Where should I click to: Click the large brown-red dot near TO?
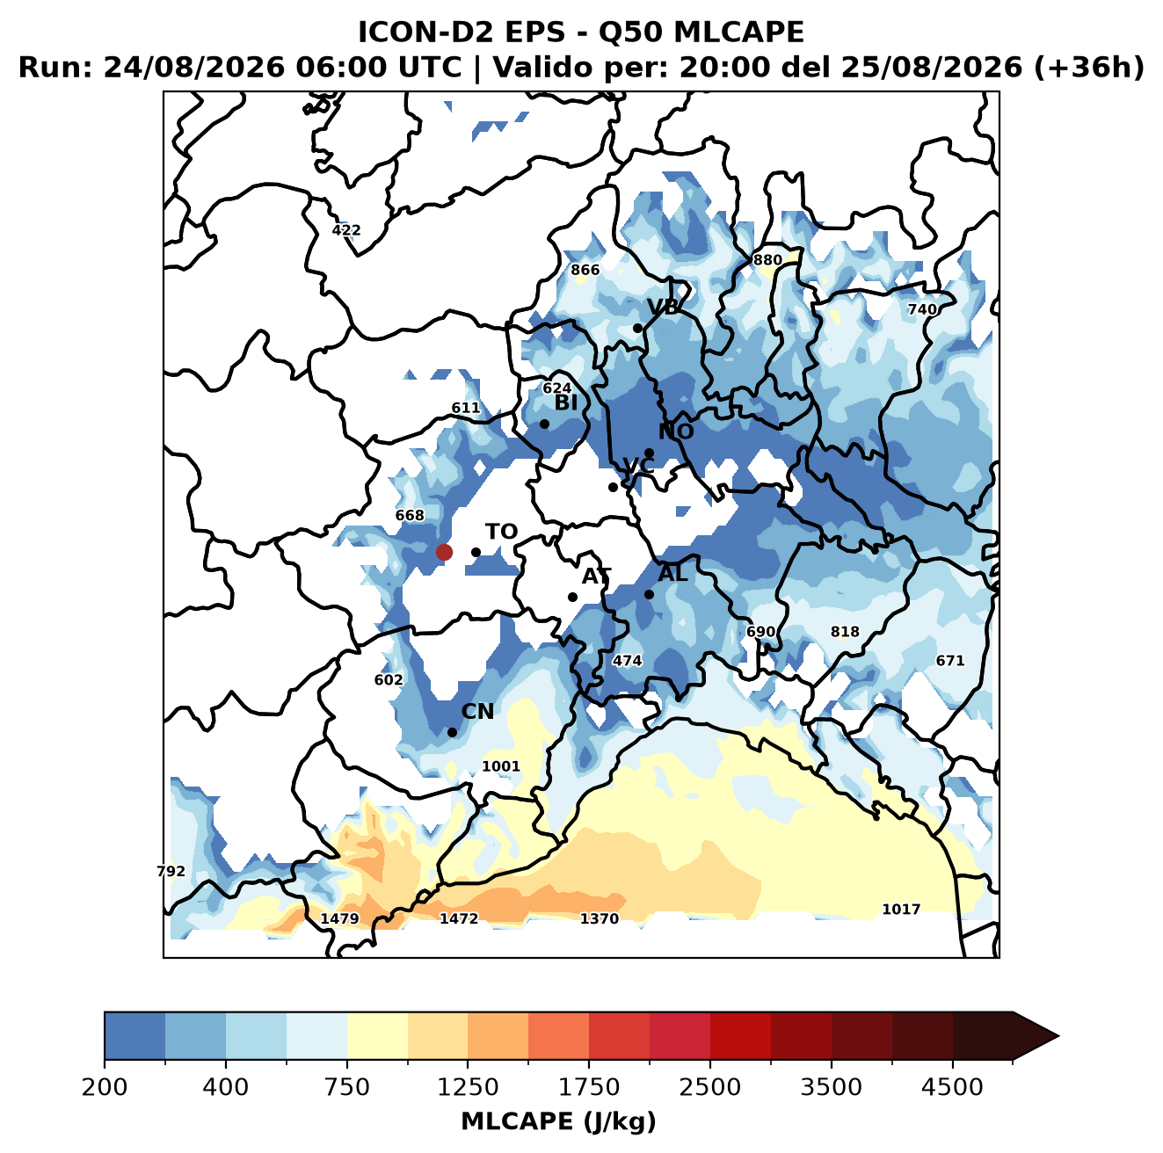444,552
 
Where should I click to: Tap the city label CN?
477,711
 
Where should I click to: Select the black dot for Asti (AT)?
572,597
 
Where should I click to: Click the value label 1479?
339,918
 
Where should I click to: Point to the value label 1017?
901,909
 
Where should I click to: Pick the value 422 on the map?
345,230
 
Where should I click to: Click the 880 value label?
767,259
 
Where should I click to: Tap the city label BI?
565,402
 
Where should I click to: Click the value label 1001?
500,765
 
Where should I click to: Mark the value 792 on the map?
171,871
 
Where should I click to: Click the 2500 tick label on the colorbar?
709,1086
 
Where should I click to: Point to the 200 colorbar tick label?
105,1086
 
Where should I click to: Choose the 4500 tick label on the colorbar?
952,1086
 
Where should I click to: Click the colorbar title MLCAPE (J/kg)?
558,1121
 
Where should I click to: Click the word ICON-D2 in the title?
423,32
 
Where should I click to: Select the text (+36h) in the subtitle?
1089,67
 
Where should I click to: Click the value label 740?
921,309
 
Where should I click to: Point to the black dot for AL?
649,594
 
